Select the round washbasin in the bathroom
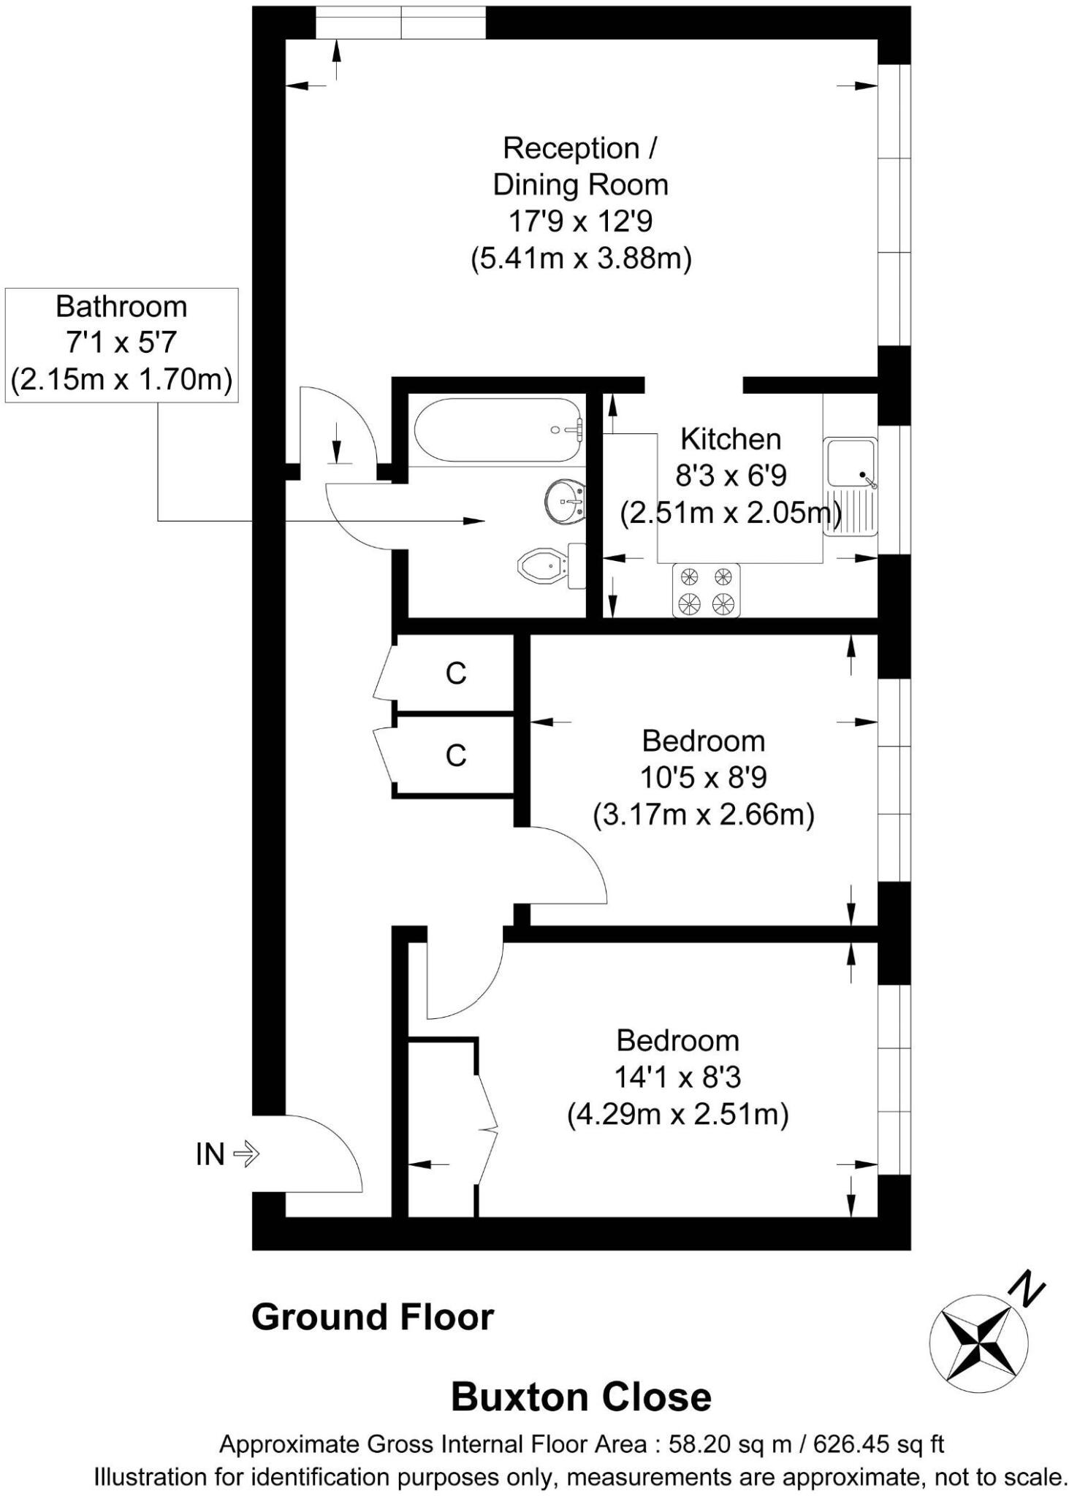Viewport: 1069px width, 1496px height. pos(565,501)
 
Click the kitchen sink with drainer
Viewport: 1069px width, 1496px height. pos(851,486)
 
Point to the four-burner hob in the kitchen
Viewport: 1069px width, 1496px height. pos(706,590)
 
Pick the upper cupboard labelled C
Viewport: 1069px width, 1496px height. pos(456,673)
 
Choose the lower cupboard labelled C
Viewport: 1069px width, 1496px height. pos(456,755)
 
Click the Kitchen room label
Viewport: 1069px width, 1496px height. pos(731,439)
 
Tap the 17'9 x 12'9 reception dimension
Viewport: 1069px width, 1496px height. pos(580,221)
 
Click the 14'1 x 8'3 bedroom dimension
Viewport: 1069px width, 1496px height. pos(677,1077)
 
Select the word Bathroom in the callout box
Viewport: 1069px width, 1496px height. pos(121,306)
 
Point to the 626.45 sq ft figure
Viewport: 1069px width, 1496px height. pos(878,1444)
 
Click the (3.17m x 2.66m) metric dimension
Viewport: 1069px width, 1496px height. pos(703,814)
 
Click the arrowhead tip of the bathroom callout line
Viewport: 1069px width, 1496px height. pos(483,521)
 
